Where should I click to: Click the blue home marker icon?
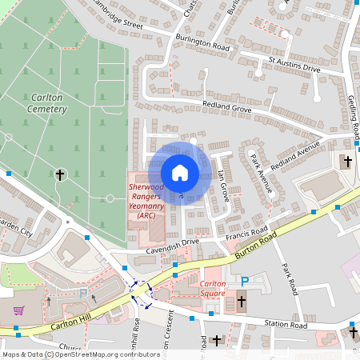click(180, 173)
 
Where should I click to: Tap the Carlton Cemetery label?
click(46, 101)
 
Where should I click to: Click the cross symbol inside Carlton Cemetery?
click(60, 174)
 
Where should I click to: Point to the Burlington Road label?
click(205, 48)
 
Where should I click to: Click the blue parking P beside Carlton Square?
click(246, 281)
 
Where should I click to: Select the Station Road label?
click(286, 326)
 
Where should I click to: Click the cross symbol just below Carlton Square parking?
click(242, 302)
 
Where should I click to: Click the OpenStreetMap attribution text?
click(80, 354)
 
